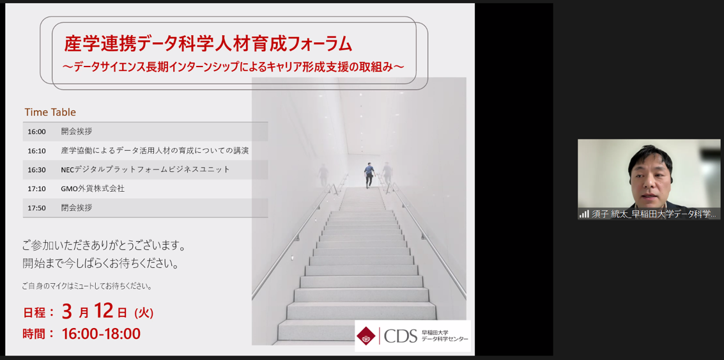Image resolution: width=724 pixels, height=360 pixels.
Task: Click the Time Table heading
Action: tap(50, 113)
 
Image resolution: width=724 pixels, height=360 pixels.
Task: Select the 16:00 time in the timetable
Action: tap(36, 132)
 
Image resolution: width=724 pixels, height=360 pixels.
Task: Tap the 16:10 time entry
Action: tap(36, 151)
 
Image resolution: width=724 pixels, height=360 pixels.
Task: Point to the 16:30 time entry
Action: tap(36, 169)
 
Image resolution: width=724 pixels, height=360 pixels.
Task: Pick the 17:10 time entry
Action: tap(36, 189)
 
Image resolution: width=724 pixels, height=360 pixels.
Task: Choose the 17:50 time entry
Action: tap(36, 208)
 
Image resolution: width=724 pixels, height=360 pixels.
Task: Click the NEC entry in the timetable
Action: tap(145, 169)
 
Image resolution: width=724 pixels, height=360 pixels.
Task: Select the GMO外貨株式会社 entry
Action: tap(93, 189)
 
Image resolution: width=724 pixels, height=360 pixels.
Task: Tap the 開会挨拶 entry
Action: tap(77, 131)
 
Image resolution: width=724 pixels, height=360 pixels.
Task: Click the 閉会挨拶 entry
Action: tap(77, 208)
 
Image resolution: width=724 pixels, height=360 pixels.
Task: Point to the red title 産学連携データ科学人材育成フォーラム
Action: tap(208, 44)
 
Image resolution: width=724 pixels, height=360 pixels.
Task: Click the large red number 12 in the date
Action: tap(104, 311)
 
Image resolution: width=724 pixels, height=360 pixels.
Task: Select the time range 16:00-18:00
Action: tap(101, 333)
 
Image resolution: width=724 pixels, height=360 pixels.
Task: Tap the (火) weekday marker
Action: tap(144, 313)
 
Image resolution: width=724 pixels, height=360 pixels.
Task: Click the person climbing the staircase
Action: tap(369, 175)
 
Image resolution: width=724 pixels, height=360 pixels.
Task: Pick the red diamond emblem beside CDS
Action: tap(366, 336)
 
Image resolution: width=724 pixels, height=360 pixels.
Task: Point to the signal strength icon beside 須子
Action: tap(584, 214)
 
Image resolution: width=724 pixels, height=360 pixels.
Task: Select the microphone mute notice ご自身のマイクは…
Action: tap(87, 286)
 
